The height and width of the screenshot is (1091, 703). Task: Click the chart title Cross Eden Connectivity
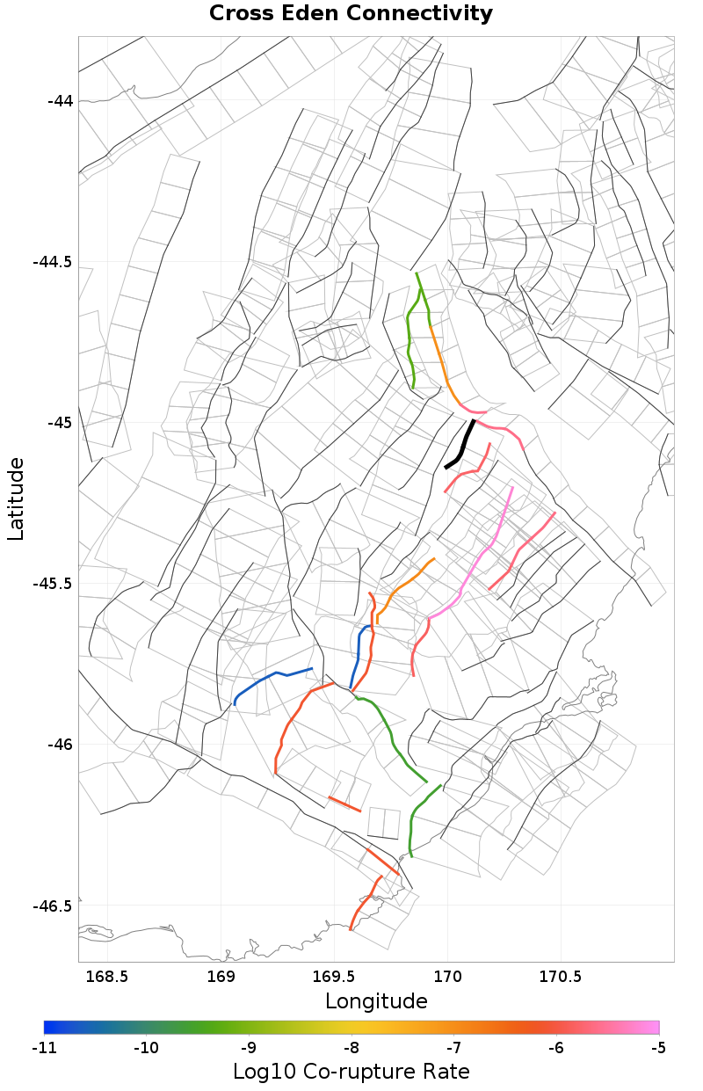[x=351, y=14]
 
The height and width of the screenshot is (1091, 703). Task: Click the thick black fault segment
[x=462, y=446]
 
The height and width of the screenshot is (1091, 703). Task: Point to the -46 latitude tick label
[x=59, y=745]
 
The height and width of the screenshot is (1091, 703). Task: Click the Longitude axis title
[x=376, y=1001]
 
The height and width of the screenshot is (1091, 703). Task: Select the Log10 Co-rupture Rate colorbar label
[x=351, y=1072]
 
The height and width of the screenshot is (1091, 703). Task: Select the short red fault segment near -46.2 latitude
[x=344, y=804]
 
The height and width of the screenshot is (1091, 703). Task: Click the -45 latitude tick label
[x=59, y=423]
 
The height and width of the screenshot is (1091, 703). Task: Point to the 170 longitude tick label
[x=448, y=977]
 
